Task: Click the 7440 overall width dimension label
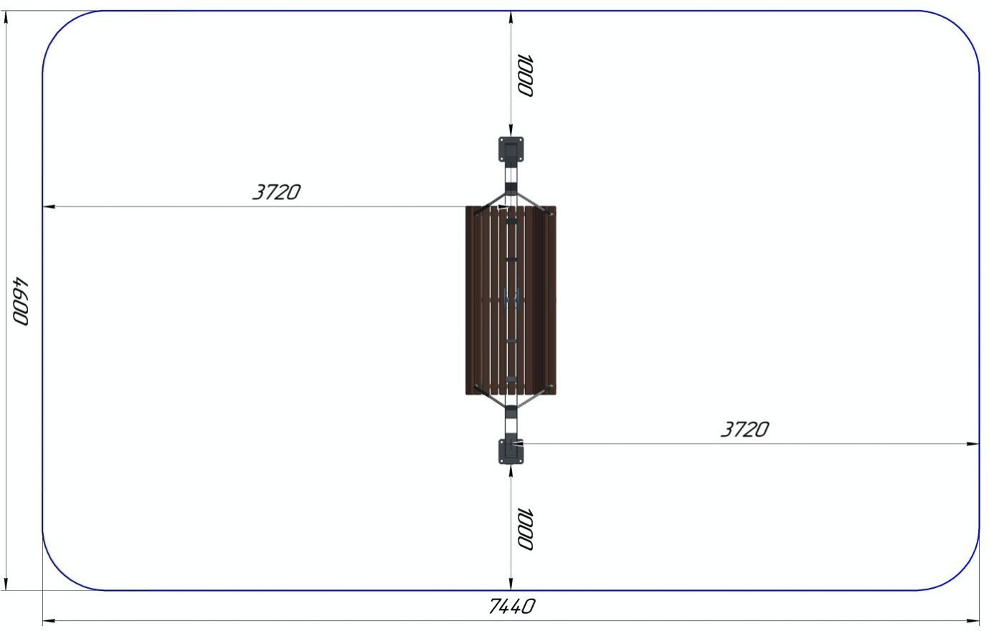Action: (512, 607)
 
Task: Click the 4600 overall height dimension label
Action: (20, 302)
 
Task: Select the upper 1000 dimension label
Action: (526, 75)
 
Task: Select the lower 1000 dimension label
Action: (526, 529)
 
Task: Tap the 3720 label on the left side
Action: (276, 192)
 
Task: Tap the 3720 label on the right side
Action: (745, 430)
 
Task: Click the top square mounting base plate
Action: (511, 149)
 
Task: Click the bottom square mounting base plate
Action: (511, 451)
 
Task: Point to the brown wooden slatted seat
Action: (511, 300)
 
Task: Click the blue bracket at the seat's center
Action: (511, 300)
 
